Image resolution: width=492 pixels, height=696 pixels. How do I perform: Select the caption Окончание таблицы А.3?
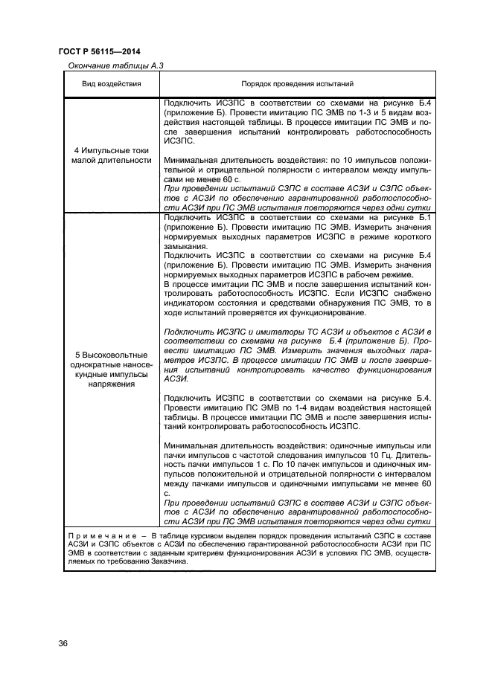point(110,65)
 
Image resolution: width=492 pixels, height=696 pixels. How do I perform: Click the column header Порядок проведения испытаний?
point(297,84)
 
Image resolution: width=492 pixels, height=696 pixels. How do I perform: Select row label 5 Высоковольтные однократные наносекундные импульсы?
point(111,370)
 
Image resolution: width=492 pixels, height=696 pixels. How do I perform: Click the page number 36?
point(63,643)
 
